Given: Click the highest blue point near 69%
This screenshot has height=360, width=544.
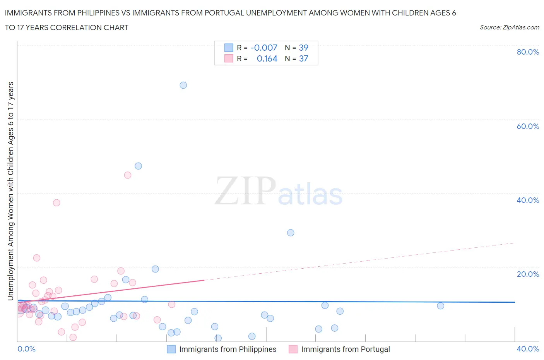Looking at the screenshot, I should coord(183,85).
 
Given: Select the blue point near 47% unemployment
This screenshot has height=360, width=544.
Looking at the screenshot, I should coord(138,166).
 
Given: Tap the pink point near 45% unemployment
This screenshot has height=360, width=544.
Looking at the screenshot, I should coord(128,175).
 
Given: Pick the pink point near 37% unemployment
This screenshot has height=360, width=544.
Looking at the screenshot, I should coord(56,202).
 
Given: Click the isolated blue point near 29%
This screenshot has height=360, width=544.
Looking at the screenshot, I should coord(291,233).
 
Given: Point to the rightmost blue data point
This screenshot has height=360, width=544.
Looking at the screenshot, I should coord(440,306).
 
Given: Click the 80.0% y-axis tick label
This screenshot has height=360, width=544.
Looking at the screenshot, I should coord(528,52).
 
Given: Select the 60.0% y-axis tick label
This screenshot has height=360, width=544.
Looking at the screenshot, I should coord(528,126).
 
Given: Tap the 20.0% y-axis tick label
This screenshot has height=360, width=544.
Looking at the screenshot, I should coord(528,274).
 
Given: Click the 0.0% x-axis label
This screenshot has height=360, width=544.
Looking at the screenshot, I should coord(27,349).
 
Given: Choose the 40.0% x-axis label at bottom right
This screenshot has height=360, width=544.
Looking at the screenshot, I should coord(528,349).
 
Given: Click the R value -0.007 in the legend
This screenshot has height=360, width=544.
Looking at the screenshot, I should coord(264,48).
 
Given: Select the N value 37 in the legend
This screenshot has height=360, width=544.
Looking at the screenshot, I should coord(303,58).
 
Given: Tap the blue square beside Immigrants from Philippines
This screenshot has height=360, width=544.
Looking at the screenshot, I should coord(171,349).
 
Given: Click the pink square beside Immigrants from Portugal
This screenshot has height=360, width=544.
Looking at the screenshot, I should coord(293,349).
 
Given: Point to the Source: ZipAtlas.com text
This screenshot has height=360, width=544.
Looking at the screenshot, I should coord(509,27).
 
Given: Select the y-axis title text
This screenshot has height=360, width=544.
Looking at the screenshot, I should coord(10,191).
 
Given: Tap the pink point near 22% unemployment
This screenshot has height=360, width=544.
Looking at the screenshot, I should coord(37,258).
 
